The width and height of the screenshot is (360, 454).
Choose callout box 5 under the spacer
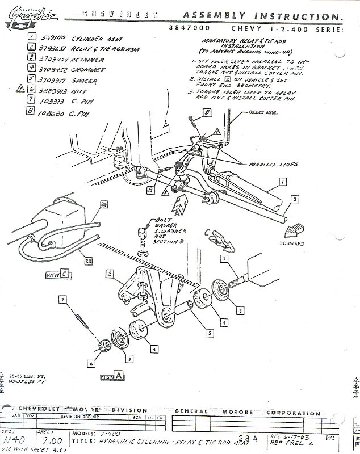(x=210, y=334)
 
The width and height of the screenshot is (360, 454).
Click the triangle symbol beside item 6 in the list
(x=20, y=89)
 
